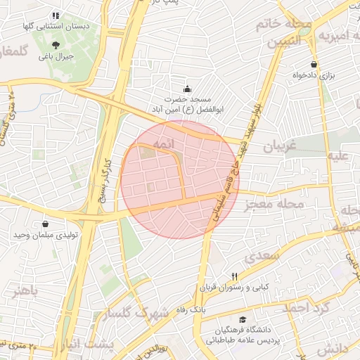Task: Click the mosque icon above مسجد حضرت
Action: point(186,89)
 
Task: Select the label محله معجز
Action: point(274,205)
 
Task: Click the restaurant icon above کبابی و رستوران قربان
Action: point(236,276)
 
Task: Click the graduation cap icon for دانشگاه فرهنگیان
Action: point(243,319)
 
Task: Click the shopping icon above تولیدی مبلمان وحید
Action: point(46,224)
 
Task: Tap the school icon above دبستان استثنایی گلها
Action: point(56,15)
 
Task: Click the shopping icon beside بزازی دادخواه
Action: point(314,64)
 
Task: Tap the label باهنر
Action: point(26,290)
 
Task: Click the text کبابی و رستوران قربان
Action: point(236,287)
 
